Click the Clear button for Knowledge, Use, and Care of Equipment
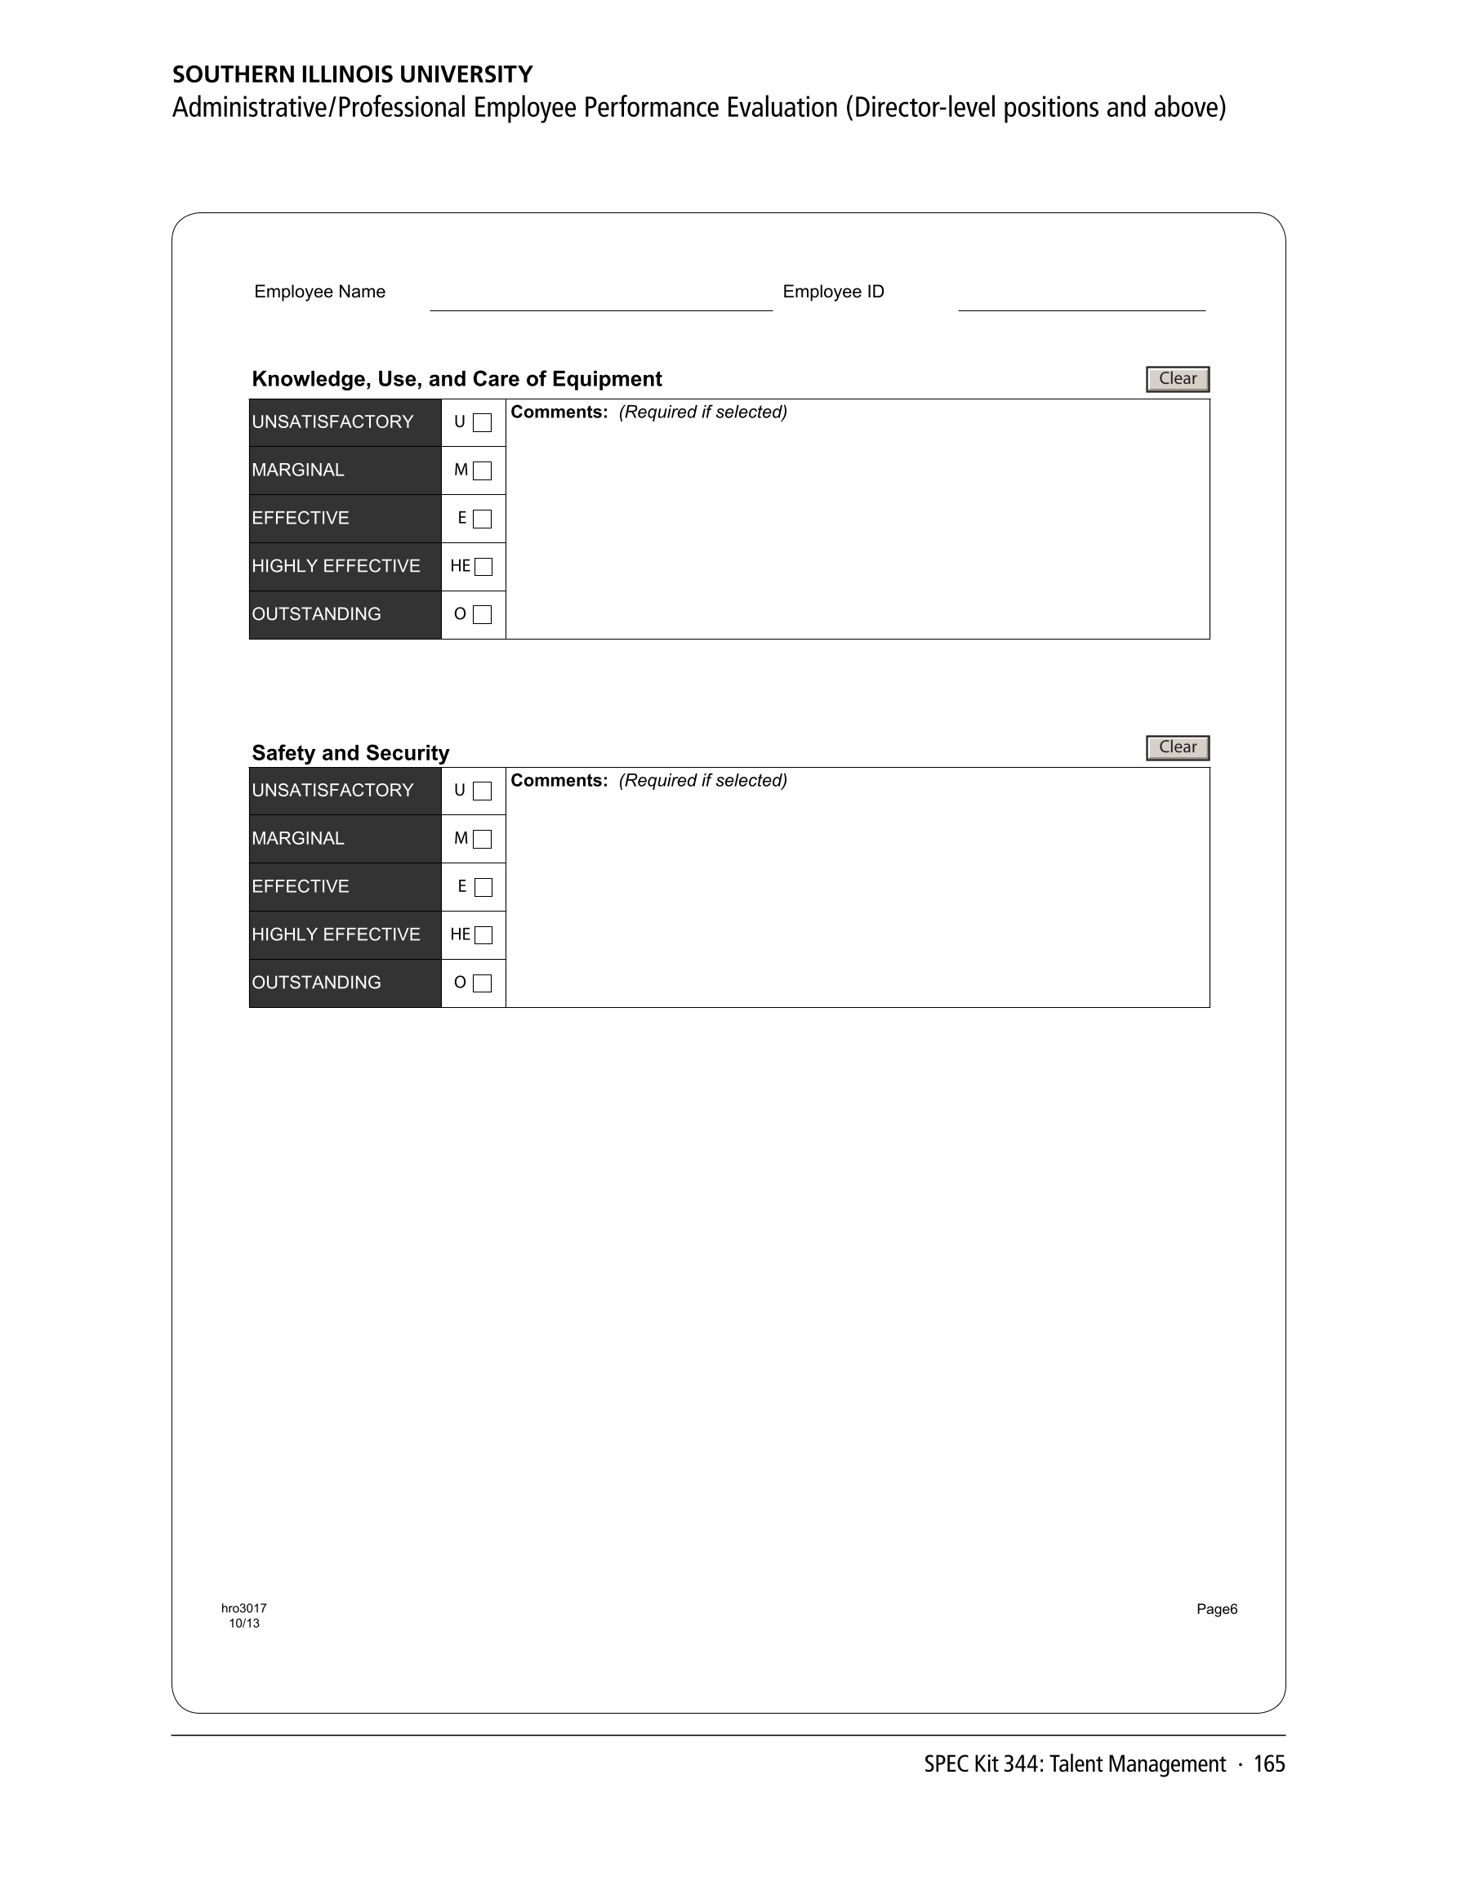1177,379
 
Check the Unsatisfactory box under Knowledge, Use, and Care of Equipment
483,423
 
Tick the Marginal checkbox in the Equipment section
483,470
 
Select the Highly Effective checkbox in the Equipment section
483,567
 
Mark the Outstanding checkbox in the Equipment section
483,615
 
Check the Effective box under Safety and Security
483,888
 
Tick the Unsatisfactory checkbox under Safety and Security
483,791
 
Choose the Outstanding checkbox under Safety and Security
483,983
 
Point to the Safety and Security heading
350,753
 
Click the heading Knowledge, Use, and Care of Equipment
457,379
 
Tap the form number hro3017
243,1608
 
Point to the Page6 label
1217,1609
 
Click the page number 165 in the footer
1268,1764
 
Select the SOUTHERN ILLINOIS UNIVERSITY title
352,74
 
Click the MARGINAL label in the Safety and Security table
298,839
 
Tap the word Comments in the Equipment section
559,412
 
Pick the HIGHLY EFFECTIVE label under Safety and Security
336,934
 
